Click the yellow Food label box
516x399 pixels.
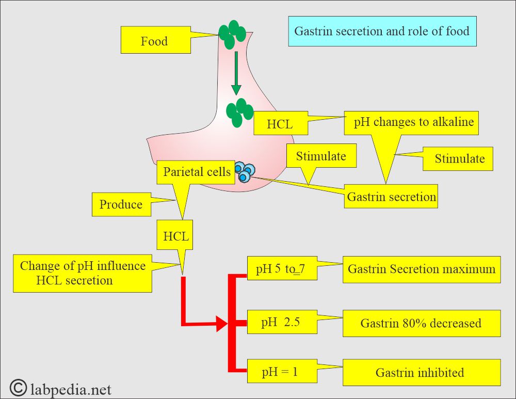[x=154, y=40]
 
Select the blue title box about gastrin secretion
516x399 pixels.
[x=382, y=31]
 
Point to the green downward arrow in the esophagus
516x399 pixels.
[x=236, y=72]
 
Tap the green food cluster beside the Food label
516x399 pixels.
[x=234, y=34]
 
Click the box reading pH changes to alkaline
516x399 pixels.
[x=413, y=123]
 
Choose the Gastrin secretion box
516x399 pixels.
[x=391, y=197]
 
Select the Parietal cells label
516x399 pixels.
[x=197, y=172]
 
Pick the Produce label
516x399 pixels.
[x=121, y=204]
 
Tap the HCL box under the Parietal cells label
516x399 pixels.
[x=176, y=237]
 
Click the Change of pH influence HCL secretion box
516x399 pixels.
[x=83, y=274]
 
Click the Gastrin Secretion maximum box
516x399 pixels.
[x=421, y=269]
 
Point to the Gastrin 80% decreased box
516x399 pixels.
[x=421, y=323]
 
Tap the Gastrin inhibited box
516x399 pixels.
[x=421, y=372]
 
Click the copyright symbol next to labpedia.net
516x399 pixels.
[x=18, y=387]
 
